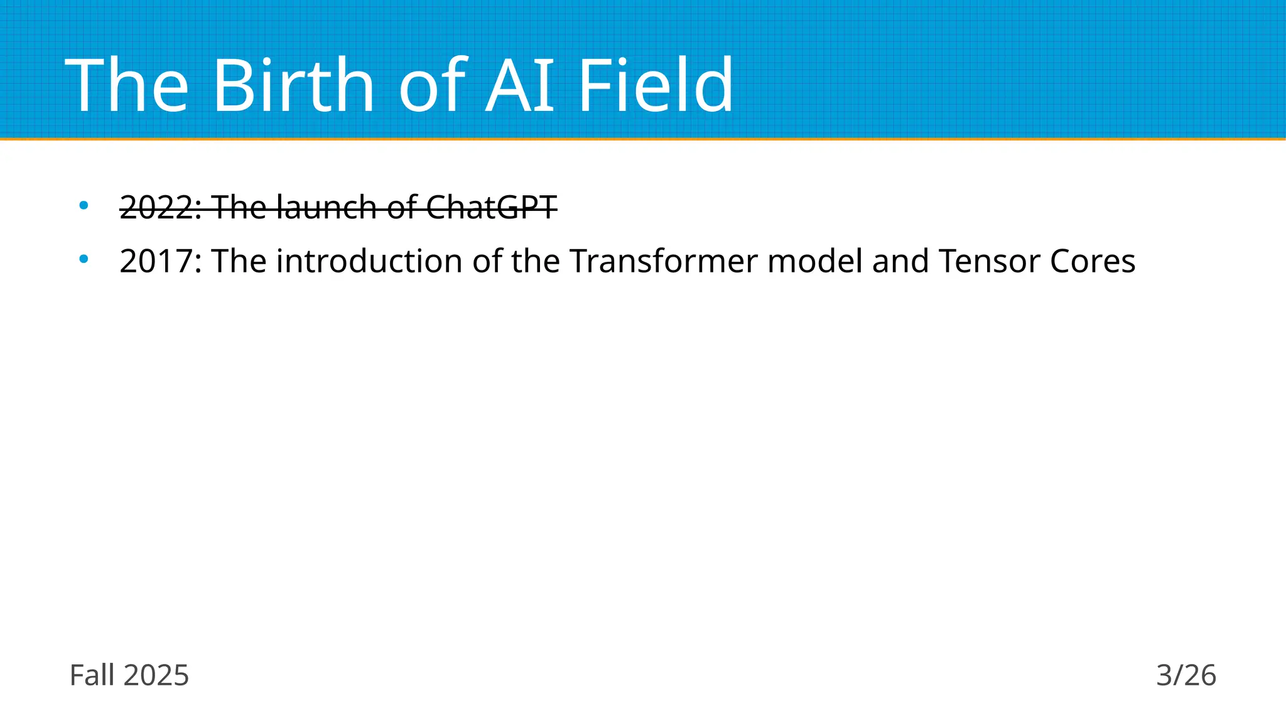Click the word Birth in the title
tap(294, 85)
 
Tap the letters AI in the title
tap(521, 85)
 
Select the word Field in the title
tap(655, 85)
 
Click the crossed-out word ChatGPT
tap(492, 207)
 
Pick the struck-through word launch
tap(326, 207)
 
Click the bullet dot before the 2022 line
tap(84, 205)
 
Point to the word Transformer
tap(664, 261)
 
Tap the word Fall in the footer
tap(92, 676)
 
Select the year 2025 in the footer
tap(156, 676)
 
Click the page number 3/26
tap(1186, 676)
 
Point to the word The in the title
tap(127, 85)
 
